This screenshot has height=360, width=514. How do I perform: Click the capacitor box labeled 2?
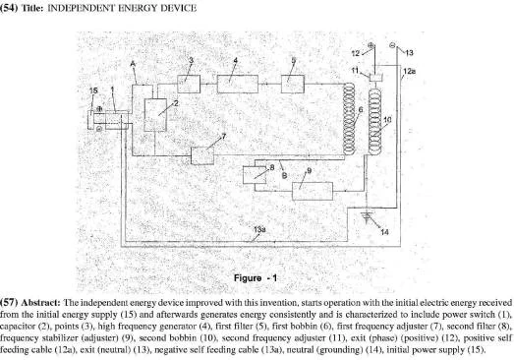click(x=155, y=115)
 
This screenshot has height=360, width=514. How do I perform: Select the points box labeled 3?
click(x=189, y=84)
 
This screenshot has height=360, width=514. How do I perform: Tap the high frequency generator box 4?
click(x=238, y=84)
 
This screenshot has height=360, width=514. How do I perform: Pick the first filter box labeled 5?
click(x=293, y=84)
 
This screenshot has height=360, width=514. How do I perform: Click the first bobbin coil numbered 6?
click(x=349, y=118)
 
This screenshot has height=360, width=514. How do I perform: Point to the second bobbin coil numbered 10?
click(x=374, y=122)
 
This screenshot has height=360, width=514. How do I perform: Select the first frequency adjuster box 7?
click(x=202, y=155)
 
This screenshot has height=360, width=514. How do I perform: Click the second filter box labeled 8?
click(x=255, y=175)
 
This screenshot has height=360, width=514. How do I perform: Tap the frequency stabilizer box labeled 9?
click(x=313, y=191)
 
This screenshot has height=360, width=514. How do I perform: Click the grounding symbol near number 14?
click(x=367, y=216)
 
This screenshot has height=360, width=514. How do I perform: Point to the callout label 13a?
click(x=259, y=229)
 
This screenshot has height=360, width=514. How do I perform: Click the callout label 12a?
click(x=409, y=71)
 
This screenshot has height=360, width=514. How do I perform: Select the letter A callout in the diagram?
click(x=133, y=64)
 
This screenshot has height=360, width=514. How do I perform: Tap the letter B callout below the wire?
click(x=284, y=176)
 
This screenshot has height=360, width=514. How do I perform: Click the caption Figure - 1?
click(x=256, y=278)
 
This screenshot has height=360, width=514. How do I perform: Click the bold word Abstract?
click(x=40, y=302)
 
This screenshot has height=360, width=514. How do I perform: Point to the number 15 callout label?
click(x=93, y=90)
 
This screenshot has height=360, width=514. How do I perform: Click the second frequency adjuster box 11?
click(x=374, y=78)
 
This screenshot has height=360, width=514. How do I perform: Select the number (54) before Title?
click(x=9, y=8)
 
